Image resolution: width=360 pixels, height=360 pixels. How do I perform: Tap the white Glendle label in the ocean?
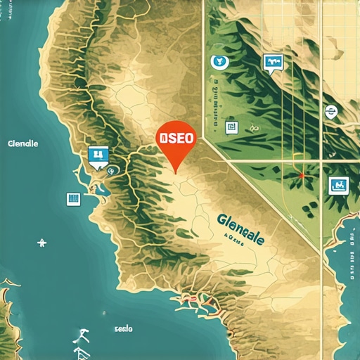click(x=22, y=144)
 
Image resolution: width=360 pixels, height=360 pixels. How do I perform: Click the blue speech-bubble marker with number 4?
click(x=98, y=156)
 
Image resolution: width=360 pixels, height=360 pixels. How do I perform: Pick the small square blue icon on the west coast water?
click(x=72, y=199)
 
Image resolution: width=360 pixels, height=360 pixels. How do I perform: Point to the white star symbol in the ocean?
click(x=42, y=243)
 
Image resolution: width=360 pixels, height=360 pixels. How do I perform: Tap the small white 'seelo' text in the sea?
click(x=123, y=328)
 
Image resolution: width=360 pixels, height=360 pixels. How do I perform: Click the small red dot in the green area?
click(x=302, y=175)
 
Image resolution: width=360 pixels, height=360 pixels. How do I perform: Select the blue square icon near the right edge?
click(x=339, y=186)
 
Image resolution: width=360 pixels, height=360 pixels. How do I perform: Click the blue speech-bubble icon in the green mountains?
click(x=271, y=63)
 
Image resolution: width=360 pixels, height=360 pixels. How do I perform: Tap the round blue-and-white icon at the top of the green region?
click(x=219, y=62)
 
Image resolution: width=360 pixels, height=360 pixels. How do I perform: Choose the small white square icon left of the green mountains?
click(x=229, y=127)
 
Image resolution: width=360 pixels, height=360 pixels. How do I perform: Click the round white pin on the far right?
click(x=329, y=111)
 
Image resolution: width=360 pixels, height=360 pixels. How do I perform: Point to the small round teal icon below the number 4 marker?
click(x=111, y=169)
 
